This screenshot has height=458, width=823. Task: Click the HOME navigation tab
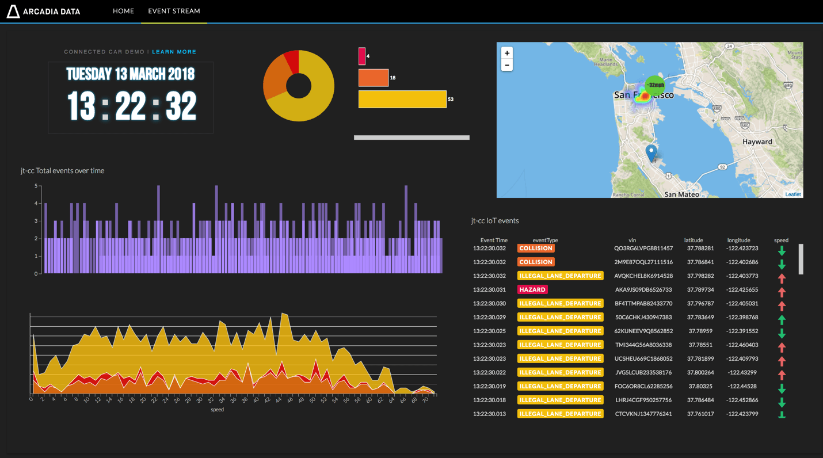click(x=123, y=11)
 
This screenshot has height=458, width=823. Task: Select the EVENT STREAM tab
click(x=174, y=11)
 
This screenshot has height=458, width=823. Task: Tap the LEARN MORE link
click(x=174, y=52)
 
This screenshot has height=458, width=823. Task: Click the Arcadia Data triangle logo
click(x=13, y=11)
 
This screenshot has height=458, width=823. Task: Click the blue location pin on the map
click(x=651, y=152)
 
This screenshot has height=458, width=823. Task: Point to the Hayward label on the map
click(x=757, y=142)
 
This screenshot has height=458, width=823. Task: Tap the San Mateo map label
click(x=681, y=194)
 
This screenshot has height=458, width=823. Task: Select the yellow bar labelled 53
click(x=402, y=99)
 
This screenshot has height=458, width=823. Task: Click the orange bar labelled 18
click(x=373, y=78)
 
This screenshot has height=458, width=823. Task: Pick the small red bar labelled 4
click(x=362, y=56)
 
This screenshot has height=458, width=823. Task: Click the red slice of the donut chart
click(x=292, y=61)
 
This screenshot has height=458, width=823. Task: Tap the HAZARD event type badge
click(x=532, y=289)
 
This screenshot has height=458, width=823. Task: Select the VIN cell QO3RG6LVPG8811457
click(x=643, y=249)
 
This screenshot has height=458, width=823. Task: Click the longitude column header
click(x=738, y=240)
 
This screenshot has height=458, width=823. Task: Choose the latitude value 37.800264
click(x=700, y=372)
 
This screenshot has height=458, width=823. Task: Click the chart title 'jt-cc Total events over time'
click(x=63, y=171)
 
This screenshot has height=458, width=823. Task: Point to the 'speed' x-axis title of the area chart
click(x=217, y=410)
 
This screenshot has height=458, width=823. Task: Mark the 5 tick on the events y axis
click(x=36, y=186)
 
